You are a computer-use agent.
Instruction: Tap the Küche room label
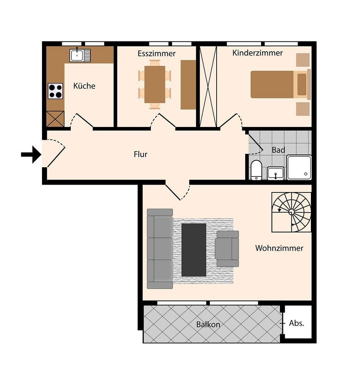[x=84, y=86]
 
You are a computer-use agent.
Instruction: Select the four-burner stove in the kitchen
[x=55, y=91]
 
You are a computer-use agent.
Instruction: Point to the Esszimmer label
[x=157, y=53]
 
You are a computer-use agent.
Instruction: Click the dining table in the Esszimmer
[x=155, y=85]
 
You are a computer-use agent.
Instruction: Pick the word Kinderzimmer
[x=258, y=53]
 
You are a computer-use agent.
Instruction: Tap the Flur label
[x=140, y=154]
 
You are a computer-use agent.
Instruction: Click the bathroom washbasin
[x=276, y=173]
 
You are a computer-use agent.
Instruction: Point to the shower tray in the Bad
[x=299, y=167]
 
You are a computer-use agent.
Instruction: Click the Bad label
[x=278, y=150]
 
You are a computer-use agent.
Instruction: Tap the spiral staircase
[x=291, y=212]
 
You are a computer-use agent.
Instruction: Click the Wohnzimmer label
[x=279, y=248]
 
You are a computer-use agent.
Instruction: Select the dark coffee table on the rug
[x=194, y=250]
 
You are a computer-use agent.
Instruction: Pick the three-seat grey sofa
[x=160, y=248]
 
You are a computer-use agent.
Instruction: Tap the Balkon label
[x=208, y=324]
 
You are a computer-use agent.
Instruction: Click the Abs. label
[x=296, y=323]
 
